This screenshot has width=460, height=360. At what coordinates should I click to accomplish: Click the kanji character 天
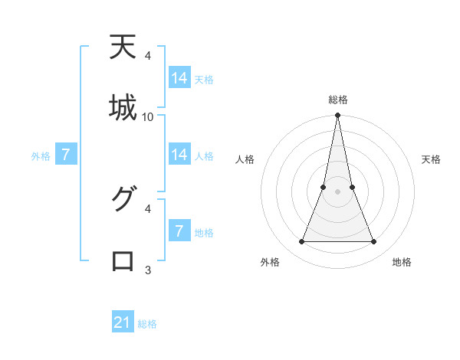(x=123, y=47)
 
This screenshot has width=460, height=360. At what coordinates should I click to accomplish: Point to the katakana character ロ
(x=123, y=260)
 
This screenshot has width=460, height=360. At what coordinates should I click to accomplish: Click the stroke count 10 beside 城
(x=148, y=116)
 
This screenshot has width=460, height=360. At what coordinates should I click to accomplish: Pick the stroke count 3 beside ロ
(x=148, y=270)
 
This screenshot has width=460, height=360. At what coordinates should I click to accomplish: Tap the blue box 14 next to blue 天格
(x=179, y=78)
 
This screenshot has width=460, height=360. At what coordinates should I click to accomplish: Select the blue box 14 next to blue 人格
(x=179, y=155)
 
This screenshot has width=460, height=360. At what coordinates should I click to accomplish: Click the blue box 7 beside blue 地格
(x=179, y=231)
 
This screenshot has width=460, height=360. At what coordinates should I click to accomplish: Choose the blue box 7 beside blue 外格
(x=66, y=155)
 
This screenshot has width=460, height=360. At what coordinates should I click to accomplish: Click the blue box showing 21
(x=123, y=322)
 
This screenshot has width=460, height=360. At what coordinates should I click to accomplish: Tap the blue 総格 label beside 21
(x=147, y=324)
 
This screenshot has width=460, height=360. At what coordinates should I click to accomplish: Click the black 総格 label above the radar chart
(x=338, y=100)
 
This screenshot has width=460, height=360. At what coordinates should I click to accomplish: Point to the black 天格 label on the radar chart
(x=431, y=159)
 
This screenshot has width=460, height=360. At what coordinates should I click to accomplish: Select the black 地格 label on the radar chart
(x=402, y=262)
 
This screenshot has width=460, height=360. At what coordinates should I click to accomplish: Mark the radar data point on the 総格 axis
(x=338, y=116)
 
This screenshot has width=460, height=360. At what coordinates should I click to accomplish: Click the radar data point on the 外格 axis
(x=301, y=242)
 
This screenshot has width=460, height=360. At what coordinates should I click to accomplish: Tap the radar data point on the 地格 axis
(x=374, y=242)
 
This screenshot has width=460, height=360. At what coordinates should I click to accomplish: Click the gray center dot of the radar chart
(x=338, y=191)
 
